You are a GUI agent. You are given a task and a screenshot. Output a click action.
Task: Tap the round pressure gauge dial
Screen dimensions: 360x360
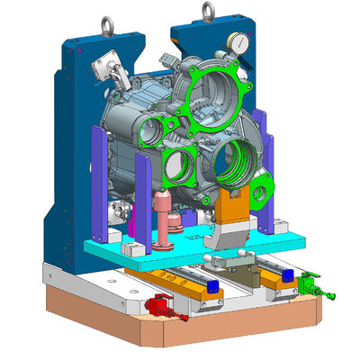(239, 41)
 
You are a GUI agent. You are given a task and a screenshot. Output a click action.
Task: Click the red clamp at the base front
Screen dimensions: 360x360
(162, 307)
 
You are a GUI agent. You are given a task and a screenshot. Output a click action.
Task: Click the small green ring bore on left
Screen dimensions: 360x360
(176, 165)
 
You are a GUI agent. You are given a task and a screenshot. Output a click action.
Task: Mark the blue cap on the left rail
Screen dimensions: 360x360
(212, 286)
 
